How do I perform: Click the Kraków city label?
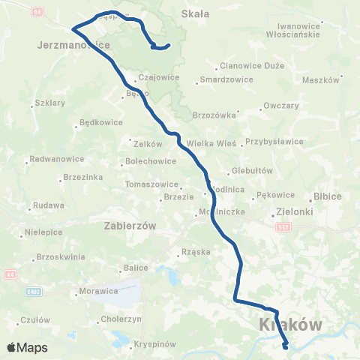[x=290, y=325]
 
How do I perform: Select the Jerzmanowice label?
[x=73, y=45]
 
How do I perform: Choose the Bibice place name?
[x=327, y=196]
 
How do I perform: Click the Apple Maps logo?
[x=27, y=348]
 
